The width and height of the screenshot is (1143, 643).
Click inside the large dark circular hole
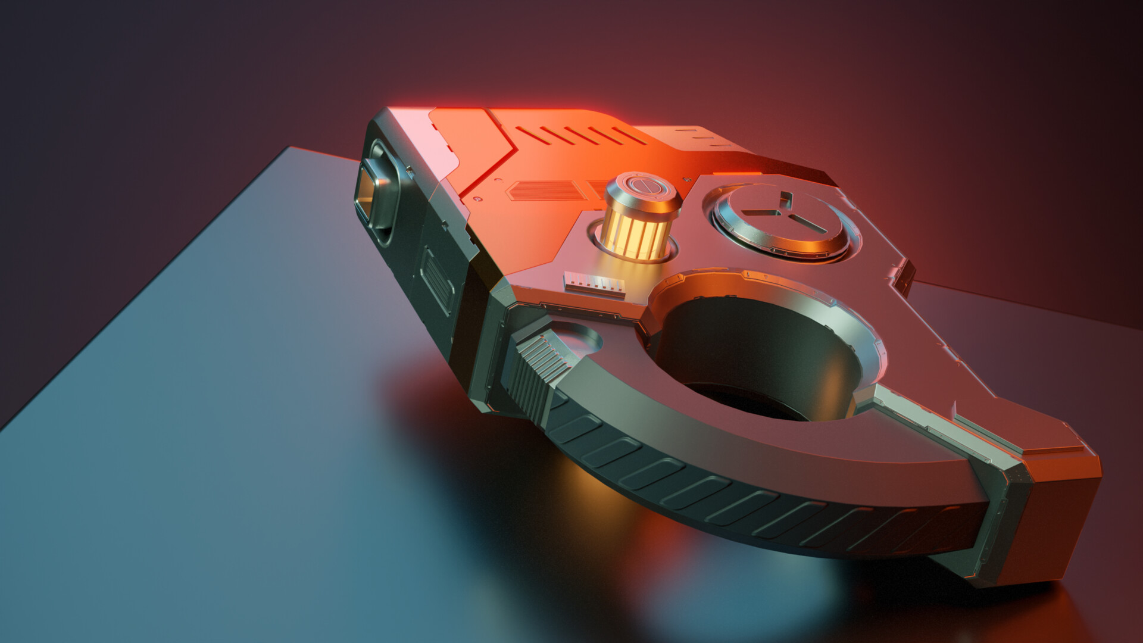756,357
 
